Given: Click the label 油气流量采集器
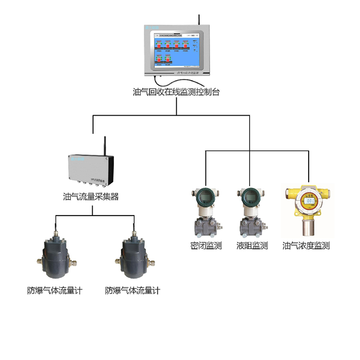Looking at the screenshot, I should (x=91, y=196).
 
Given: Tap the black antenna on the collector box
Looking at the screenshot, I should (x=105, y=146).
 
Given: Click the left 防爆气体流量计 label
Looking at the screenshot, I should (x=55, y=290).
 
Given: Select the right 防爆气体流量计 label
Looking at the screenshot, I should (x=132, y=290).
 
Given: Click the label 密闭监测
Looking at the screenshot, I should (x=206, y=246).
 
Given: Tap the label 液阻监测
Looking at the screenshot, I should (x=252, y=246).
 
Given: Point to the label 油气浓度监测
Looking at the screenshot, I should (x=306, y=246).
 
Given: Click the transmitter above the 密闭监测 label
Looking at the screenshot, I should (x=205, y=211).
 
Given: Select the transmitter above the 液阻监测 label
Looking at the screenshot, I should (x=251, y=211).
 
